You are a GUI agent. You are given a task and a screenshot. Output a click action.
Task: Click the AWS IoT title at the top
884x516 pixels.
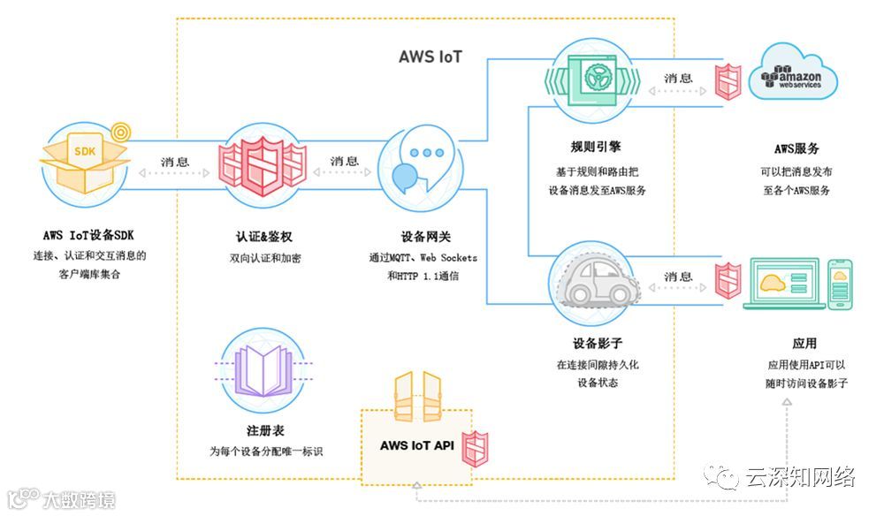[x=430, y=57]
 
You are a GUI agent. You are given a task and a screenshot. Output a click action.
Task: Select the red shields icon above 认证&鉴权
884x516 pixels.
[x=262, y=164]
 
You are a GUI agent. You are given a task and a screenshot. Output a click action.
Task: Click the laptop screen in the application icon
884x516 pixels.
[x=783, y=281]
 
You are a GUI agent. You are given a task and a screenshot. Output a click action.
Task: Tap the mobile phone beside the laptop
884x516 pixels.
[x=842, y=283]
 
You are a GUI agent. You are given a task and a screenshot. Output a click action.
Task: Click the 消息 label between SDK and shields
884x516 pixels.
[x=174, y=162]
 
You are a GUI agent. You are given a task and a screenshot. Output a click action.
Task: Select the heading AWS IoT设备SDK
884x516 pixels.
[x=88, y=235]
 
